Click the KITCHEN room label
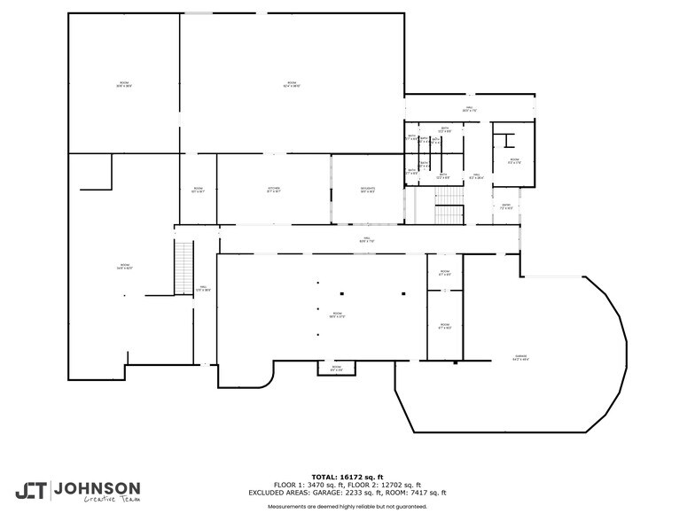point(275,190)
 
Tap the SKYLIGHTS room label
point(367,190)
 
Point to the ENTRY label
point(506,207)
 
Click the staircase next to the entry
point(449,214)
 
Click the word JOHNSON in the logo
point(97,488)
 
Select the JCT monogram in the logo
point(32,490)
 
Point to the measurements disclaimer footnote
point(347,507)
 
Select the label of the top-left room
point(124,85)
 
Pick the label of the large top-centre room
point(292,85)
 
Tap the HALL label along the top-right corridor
point(470,110)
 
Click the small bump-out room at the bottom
point(337,368)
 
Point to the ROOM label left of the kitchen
point(199,190)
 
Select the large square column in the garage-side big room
point(403,293)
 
